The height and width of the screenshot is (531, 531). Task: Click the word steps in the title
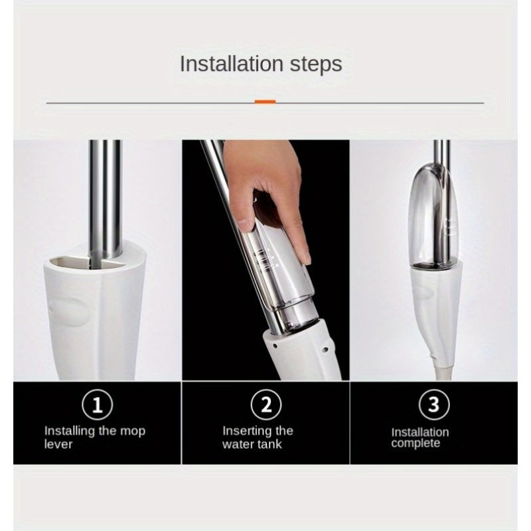(315, 65)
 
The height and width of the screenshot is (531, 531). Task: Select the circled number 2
(265, 404)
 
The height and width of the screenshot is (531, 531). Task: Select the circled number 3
(433, 404)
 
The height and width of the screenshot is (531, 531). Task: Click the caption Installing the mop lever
(94, 437)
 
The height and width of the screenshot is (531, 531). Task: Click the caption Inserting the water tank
(258, 437)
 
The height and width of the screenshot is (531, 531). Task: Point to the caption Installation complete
(419, 437)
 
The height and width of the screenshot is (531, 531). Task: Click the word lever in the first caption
(59, 444)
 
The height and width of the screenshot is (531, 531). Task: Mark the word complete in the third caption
(415, 443)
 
